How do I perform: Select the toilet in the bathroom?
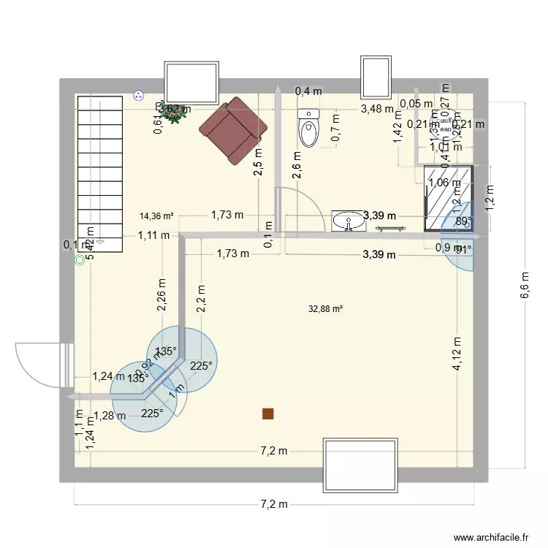[x=309, y=129]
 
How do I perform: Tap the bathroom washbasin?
[x=349, y=220]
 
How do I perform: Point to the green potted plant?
[x=175, y=115]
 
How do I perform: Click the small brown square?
[x=268, y=414]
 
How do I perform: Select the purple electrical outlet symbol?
[x=137, y=94]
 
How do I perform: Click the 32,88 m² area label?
[x=326, y=309]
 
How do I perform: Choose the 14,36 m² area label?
[x=157, y=216]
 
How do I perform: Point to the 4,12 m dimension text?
[x=457, y=354]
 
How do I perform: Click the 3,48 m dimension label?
[x=377, y=110]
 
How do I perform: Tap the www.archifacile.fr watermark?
[x=490, y=537]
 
